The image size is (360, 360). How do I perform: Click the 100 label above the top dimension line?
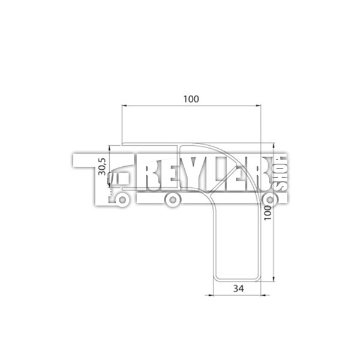point(191,99)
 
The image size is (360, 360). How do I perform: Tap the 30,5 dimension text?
point(102,167)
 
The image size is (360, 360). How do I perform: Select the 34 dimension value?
point(238,289)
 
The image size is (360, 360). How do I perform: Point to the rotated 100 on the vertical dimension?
point(267,213)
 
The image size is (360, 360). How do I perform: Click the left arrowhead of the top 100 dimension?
point(124,106)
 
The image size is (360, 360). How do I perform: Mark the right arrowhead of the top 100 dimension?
point(259,106)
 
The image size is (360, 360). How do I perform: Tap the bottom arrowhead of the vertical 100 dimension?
point(273,279)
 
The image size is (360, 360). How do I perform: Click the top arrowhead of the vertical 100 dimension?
point(273,146)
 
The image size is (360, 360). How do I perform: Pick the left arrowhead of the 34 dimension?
point(211,295)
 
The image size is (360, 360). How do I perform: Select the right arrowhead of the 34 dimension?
point(264,295)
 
